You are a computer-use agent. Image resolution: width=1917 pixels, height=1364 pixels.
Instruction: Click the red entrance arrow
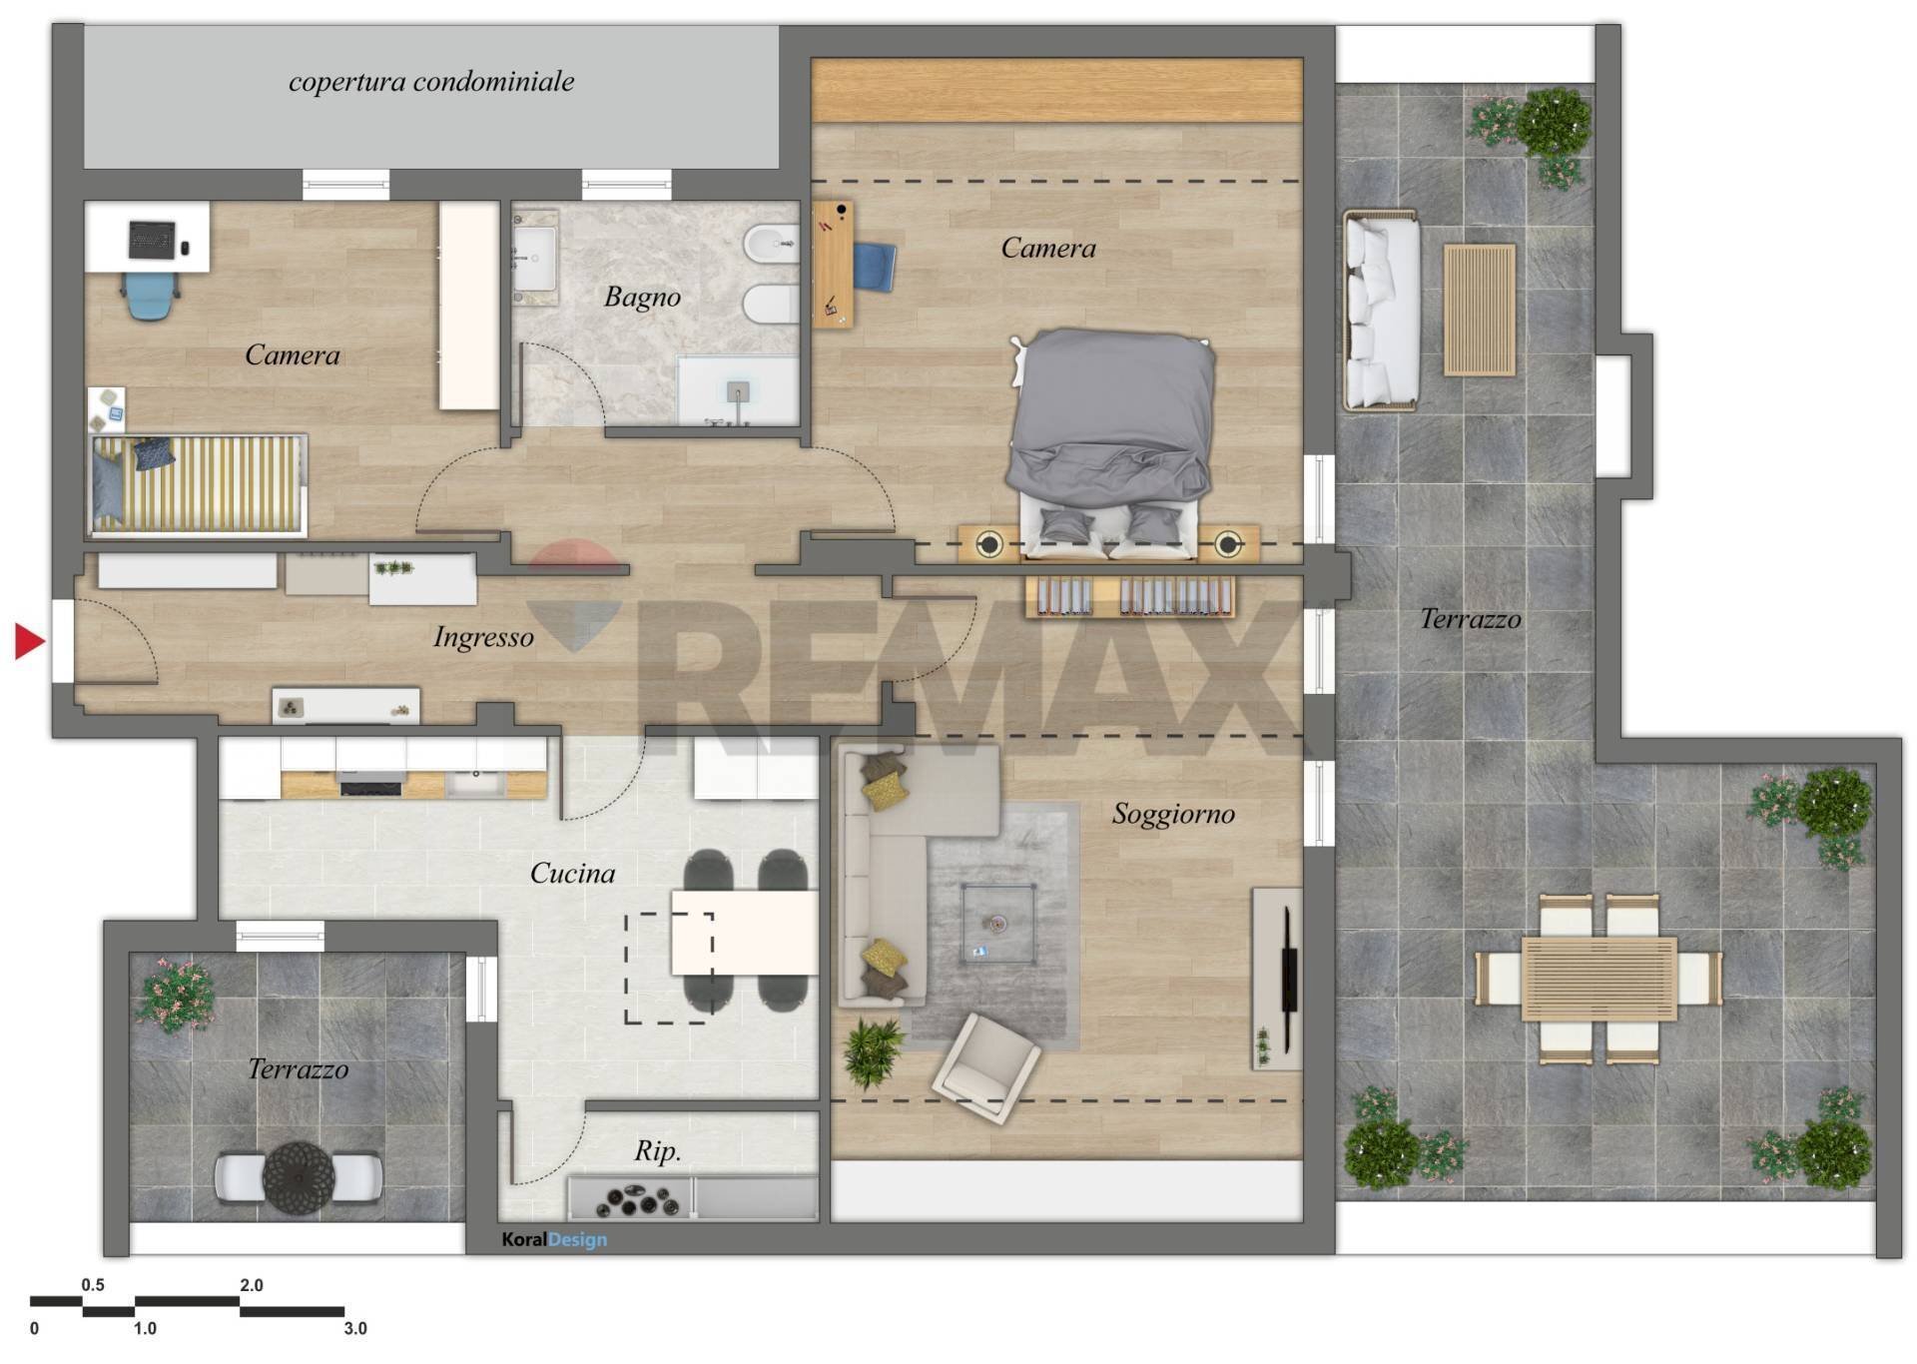pos(29,641)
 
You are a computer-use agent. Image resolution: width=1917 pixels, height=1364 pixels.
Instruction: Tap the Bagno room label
pos(642,297)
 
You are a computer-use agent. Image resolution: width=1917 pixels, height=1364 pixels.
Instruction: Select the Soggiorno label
pos(1173,814)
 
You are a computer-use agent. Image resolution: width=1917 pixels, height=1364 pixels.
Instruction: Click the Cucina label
pos(572,873)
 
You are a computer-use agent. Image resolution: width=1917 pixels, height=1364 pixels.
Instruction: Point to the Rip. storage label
pos(658,1151)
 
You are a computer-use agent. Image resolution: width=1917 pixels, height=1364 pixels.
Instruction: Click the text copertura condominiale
pos(431,81)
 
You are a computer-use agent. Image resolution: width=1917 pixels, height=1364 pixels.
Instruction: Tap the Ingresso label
pos(483,637)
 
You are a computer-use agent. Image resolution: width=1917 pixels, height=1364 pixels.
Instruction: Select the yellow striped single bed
pos(197,484)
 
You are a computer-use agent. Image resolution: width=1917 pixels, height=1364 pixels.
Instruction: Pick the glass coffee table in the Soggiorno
pos(997,923)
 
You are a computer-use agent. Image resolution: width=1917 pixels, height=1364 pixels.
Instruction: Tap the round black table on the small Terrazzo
pos(299,1178)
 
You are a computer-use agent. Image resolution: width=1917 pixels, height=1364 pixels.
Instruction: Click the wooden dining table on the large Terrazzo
pos(1598,979)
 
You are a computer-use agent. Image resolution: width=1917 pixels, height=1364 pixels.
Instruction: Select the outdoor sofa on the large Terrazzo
pos(1381,310)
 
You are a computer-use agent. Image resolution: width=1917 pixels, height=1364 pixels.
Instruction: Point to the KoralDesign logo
pos(554,1239)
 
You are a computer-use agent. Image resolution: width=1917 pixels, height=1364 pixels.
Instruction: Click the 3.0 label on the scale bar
pos(355,1328)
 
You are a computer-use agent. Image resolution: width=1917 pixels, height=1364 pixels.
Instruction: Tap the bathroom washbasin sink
pos(534,257)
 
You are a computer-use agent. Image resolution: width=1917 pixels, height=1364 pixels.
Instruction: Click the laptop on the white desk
pos(152,239)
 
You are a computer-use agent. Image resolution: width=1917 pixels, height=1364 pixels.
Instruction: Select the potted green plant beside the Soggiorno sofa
pos(872,1051)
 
